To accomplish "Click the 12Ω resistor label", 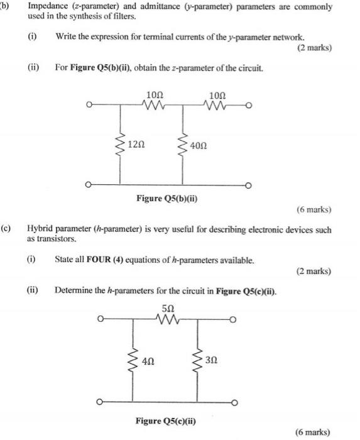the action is pyautogui.click(x=136, y=145).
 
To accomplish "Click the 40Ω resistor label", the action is pyautogui.click(x=199, y=146).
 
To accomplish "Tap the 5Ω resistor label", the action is pyautogui.click(x=168, y=309).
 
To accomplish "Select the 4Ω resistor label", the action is pyautogui.click(x=148, y=361).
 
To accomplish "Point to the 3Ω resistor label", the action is pyautogui.click(x=211, y=360).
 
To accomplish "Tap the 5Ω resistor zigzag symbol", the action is pyautogui.click(x=167, y=319).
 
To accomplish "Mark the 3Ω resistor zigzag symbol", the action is pyautogui.click(x=197, y=360).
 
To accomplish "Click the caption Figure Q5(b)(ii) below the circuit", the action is pyautogui.click(x=167, y=199).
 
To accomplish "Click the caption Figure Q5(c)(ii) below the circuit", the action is pyautogui.click(x=166, y=421).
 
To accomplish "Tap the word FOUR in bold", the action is pyautogui.click(x=99, y=259).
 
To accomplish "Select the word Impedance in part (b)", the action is pyautogui.click(x=48, y=6).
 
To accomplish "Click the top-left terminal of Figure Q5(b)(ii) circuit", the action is pyautogui.click(x=89, y=105).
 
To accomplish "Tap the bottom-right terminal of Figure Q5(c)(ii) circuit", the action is pyautogui.click(x=235, y=403).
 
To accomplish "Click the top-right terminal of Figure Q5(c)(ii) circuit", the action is pyautogui.click(x=233, y=319).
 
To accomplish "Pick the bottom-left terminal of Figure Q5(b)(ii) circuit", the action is pyautogui.click(x=88, y=185).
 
